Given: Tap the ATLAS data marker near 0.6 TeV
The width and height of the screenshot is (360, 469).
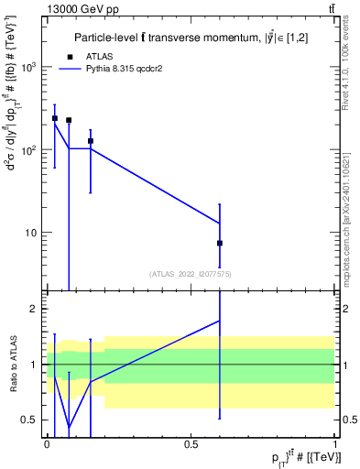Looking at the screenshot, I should [x=220, y=243].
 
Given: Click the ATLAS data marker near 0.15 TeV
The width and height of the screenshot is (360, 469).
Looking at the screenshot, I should [x=90, y=141].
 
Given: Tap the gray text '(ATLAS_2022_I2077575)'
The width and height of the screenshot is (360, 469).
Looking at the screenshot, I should [x=191, y=273].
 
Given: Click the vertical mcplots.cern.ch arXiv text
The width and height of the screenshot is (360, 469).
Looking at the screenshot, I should [x=348, y=214].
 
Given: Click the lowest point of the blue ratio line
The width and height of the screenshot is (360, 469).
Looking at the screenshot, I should [x=69, y=427].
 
